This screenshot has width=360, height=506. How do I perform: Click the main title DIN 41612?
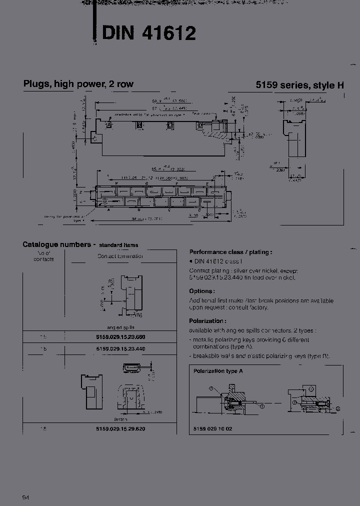point(148,33)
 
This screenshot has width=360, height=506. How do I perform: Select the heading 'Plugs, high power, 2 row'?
point(78,84)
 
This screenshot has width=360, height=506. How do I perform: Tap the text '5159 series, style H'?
point(299,85)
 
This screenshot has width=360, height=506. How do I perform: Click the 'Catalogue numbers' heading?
point(57,244)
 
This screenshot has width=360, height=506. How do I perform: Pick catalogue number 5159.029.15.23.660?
point(120,337)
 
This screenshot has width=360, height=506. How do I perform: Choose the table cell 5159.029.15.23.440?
point(120,349)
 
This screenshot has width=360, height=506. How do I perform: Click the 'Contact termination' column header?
point(120,256)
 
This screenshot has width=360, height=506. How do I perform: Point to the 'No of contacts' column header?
point(43,256)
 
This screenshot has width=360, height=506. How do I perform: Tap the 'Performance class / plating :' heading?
point(230,252)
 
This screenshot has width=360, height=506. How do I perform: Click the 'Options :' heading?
point(202,291)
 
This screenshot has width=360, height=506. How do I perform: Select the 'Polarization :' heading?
point(207,321)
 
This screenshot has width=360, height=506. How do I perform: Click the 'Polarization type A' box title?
point(218,371)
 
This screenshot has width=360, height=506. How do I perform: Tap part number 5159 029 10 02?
point(212,429)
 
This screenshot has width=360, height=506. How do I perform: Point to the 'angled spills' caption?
point(120,325)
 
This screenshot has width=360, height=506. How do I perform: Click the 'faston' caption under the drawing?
point(120,419)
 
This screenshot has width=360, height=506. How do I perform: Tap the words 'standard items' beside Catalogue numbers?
point(118,245)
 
